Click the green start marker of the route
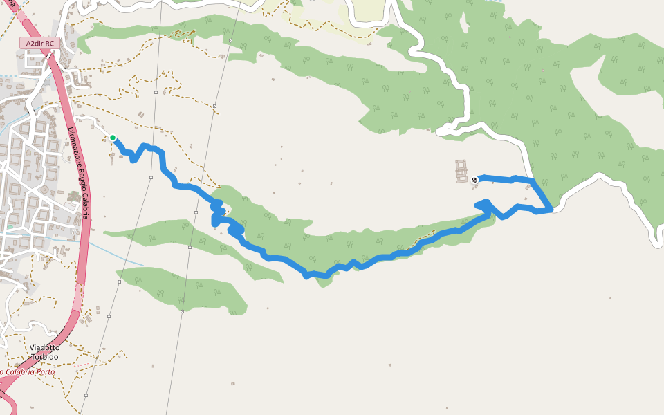pyautogui.click(x=113, y=138)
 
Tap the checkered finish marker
pyautogui.click(x=474, y=180)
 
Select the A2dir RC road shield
pyautogui.click(x=39, y=44)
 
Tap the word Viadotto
pyautogui.click(x=44, y=347)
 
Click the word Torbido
pyautogui.click(x=44, y=357)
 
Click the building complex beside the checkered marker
pyautogui.click(x=461, y=171)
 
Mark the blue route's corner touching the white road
pyautogui.click(x=551, y=209)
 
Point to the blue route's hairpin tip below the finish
pyautogui.click(x=487, y=202)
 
